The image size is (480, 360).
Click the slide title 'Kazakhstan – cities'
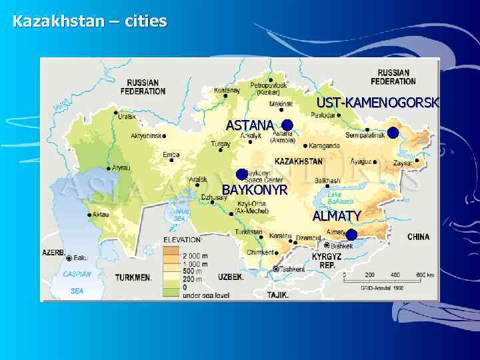click(x=89, y=21)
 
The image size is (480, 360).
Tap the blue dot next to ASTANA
click(x=287, y=125)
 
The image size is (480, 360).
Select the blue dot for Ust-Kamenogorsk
click(x=393, y=132)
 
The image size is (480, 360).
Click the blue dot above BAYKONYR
click(x=241, y=175)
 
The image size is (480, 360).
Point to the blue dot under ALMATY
click(x=351, y=235)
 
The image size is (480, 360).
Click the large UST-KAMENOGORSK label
click(x=377, y=103)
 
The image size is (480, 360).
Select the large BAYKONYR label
click(x=254, y=190)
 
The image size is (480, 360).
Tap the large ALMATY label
click(x=337, y=216)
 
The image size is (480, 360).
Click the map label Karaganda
click(x=325, y=145)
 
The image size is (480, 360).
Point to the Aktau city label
click(x=101, y=215)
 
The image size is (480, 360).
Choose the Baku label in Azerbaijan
click(x=81, y=258)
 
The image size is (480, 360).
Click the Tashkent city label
click(x=292, y=269)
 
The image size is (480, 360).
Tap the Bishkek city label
click(x=341, y=246)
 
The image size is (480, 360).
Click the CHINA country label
click(x=419, y=237)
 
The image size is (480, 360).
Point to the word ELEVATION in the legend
click(x=183, y=239)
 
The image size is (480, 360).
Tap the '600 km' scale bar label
click(x=425, y=275)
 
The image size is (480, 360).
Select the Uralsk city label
click(x=127, y=116)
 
